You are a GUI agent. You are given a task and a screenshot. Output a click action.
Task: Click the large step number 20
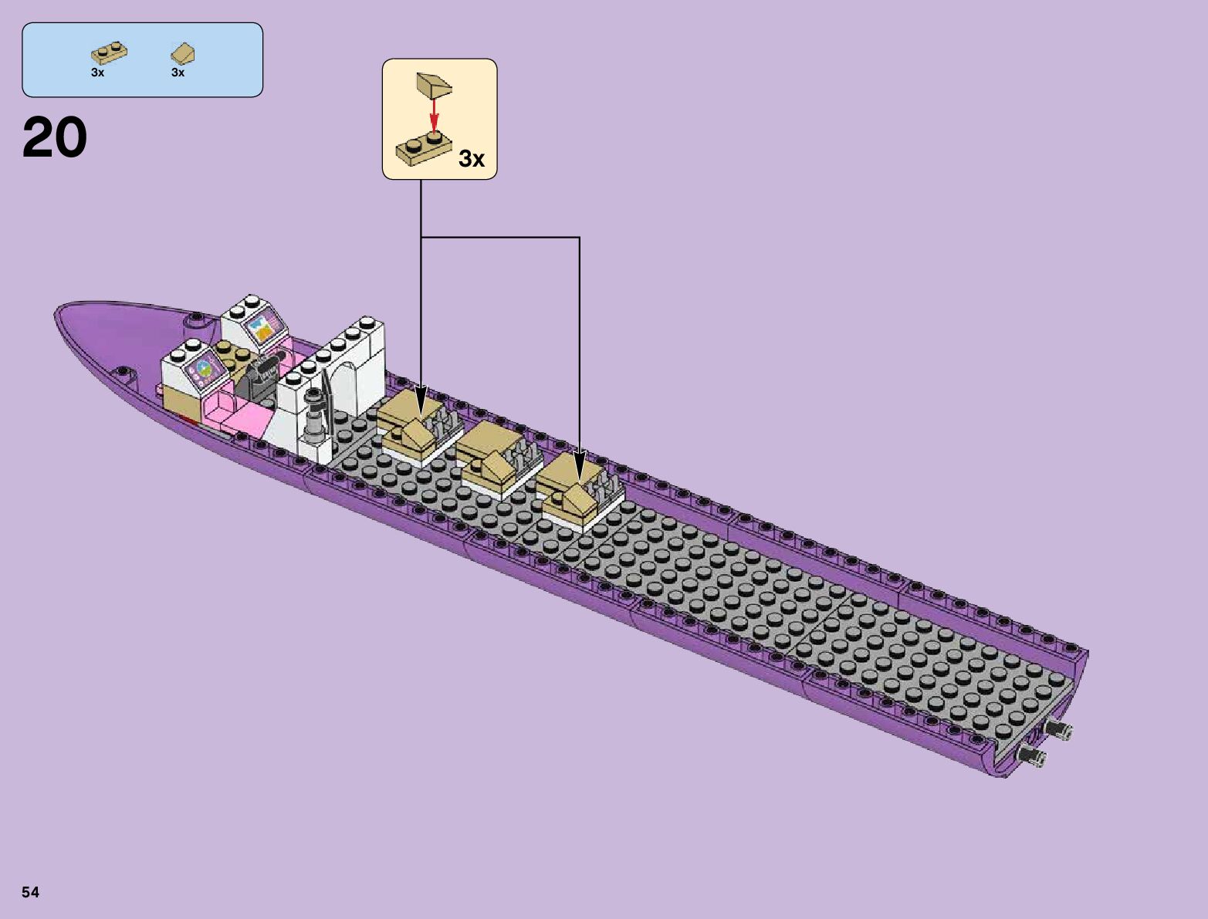click(55, 139)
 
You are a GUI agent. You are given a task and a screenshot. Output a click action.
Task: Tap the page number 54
click(30, 892)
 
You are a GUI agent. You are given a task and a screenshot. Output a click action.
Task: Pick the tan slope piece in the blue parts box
click(182, 54)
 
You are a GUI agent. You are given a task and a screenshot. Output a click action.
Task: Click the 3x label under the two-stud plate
click(97, 73)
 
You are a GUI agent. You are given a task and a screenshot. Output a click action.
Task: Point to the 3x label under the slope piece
click(178, 73)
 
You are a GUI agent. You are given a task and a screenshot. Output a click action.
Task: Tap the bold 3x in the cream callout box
click(471, 158)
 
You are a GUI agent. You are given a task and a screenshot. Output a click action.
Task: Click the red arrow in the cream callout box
click(434, 116)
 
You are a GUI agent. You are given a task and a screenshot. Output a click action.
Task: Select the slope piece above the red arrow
click(433, 83)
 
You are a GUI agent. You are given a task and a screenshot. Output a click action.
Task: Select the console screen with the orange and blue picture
click(262, 326)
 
